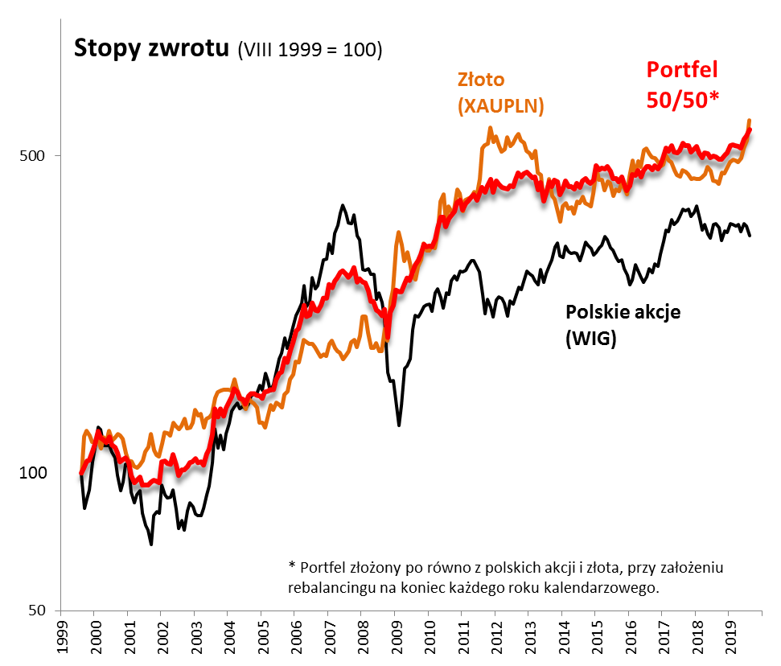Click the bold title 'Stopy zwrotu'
click(152, 48)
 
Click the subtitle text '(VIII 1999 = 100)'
click(310, 50)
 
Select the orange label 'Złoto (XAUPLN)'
click(500, 93)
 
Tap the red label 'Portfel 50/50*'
click(683, 84)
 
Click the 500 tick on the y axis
click(30, 155)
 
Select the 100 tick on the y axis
click(30, 472)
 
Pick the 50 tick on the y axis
click(33, 610)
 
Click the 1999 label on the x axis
click(60, 635)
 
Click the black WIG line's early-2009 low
click(399, 425)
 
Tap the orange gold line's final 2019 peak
click(750, 121)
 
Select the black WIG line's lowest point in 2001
click(151, 545)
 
